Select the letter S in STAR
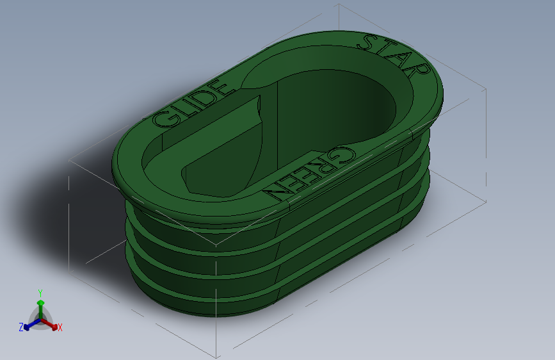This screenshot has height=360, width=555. [x=369, y=42]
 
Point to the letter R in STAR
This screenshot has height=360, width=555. [x=419, y=71]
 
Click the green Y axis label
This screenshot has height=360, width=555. [x=40, y=293]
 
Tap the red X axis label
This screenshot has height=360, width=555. [x=60, y=328]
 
